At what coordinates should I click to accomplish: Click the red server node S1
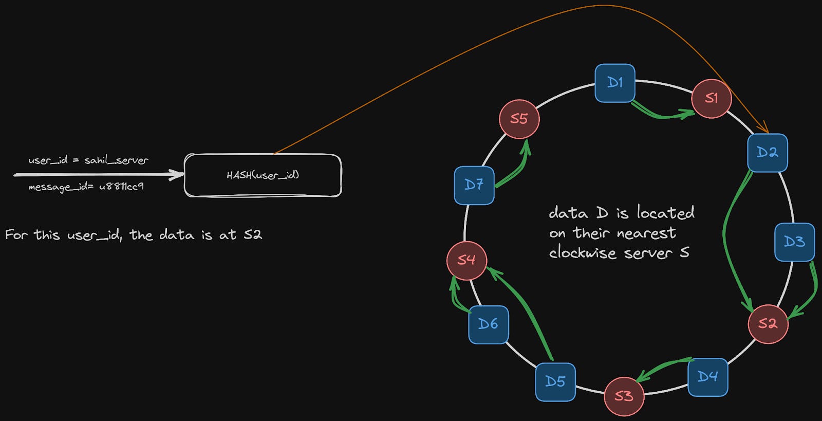711,98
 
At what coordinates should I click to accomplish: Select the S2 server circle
768,323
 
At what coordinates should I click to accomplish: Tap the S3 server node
624,396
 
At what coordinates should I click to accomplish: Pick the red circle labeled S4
466,260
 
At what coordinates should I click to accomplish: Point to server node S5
519,119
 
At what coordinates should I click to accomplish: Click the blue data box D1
615,83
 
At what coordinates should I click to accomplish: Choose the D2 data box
767,152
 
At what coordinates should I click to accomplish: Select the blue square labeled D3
794,242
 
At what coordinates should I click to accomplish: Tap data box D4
707,377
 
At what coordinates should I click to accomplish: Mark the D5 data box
555,381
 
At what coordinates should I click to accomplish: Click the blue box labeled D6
488,324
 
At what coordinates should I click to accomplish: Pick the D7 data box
474,185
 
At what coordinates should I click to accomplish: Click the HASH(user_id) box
263,175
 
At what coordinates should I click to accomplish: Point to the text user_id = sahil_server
88,160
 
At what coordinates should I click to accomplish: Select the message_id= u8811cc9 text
86,187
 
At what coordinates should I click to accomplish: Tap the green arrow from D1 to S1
663,115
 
